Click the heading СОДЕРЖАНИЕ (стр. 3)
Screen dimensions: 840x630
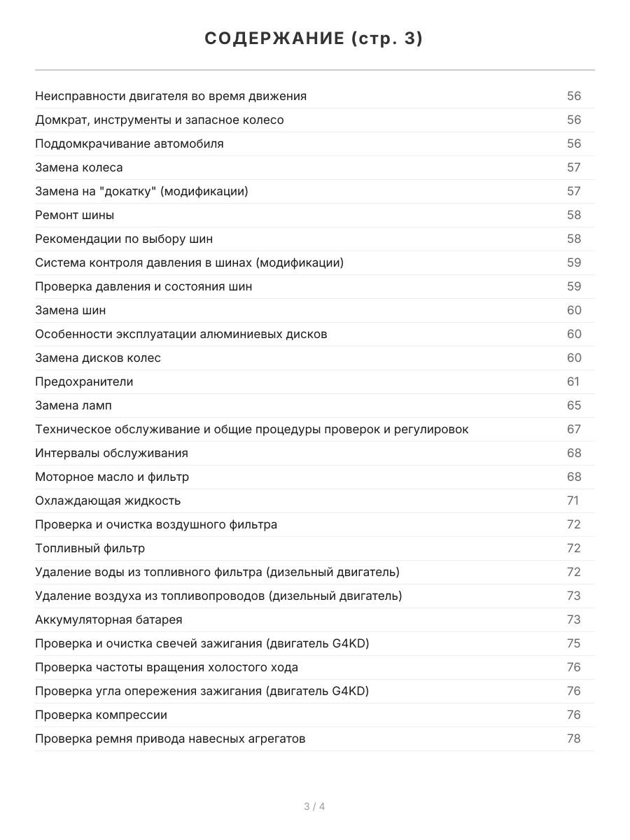click(x=314, y=39)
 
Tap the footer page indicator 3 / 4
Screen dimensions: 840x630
click(x=314, y=806)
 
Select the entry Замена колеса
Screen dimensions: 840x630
click(x=78, y=167)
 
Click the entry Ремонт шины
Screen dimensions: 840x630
click(x=74, y=215)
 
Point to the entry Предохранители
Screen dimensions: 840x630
click(x=84, y=381)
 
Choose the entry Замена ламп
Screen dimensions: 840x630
click(x=73, y=405)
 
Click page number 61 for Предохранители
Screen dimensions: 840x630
click(x=573, y=381)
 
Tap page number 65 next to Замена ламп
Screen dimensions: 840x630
click(x=573, y=405)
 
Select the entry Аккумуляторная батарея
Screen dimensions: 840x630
click(x=108, y=619)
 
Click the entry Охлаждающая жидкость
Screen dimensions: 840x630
click(x=108, y=500)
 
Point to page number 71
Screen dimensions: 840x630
click(x=573, y=500)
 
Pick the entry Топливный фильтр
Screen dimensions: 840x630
click(x=90, y=548)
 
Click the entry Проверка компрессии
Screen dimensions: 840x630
click(x=101, y=715)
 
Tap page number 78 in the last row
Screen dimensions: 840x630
click(x=573, y=738)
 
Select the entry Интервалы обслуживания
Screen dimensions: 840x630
click(x=111, y=453)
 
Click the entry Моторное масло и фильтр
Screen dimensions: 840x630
click(x=112, y=477)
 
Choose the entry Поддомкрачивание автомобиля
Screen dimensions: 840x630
click(x=129, y=143)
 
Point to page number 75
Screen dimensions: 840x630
click(x=573, y=643)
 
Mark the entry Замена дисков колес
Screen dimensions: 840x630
click(x=98, y=358)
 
